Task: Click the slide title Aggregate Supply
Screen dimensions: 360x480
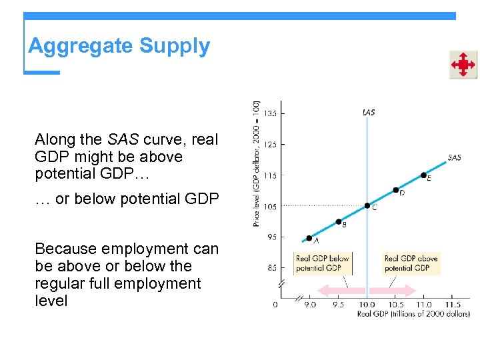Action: pos(119,46)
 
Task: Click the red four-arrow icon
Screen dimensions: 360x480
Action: pos(462,65)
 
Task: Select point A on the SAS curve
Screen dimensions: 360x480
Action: pos(309,238)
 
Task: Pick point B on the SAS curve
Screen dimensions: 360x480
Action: pos(339,221)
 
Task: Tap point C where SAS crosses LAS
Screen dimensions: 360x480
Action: pos(367,205)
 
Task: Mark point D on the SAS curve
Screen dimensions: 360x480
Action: pos(396,190)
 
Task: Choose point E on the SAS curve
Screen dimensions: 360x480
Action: pos(424,175)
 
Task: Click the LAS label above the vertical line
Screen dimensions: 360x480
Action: pos(368,113)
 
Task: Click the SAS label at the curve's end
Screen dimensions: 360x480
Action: pos(454,158)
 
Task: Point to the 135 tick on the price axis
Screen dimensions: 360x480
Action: pos(269,113)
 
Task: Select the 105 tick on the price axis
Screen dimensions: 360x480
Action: pos(269,207)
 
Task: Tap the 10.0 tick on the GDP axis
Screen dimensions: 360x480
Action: pos(367,305)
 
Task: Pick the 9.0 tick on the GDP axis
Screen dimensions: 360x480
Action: pos(310,305)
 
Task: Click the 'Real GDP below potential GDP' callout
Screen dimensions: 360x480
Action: pos(322,263)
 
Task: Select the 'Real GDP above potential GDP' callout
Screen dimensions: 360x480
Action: pos(411,263)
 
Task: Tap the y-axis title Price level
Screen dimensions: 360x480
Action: pos(257,163)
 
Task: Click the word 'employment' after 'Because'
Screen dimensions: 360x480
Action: pos(125,249)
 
